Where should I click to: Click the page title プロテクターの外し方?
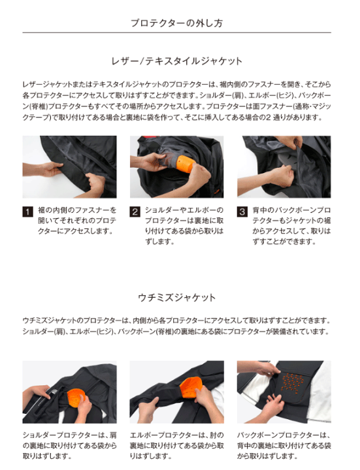coord(176,23)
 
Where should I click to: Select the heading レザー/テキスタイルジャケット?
coord(176,61)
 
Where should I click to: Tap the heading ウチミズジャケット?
coord(176,298)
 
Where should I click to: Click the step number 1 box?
coord(27,212)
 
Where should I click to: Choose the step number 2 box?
coord(135,212)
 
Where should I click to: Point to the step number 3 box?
coord(242,212)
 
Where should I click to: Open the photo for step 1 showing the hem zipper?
coord(69,166)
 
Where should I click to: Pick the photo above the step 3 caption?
coord(284,166)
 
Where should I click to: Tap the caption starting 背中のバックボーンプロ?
coord(291,226)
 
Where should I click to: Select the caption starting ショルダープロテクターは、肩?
coord(69,445)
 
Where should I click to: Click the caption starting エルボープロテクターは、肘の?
coord(176,445)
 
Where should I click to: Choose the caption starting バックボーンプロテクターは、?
coord(284,445)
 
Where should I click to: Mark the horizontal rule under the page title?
coord(176,33)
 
